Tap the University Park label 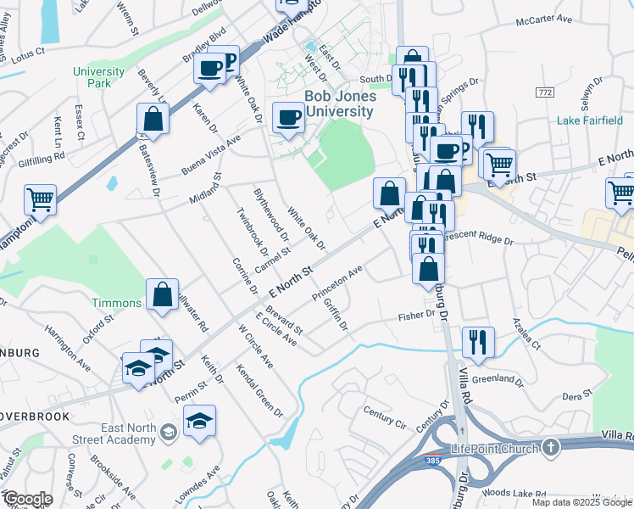(98, 78)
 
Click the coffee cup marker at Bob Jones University (288, 117)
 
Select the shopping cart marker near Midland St (41, 200)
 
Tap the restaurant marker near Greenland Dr (478, 342)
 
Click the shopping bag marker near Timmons (162, 294)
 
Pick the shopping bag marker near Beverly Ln (153, 120)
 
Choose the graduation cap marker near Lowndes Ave (199, 421)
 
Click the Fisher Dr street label (417, 316)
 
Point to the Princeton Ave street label (336, 285)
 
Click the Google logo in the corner (28, 499)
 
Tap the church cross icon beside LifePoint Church (549, 446)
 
